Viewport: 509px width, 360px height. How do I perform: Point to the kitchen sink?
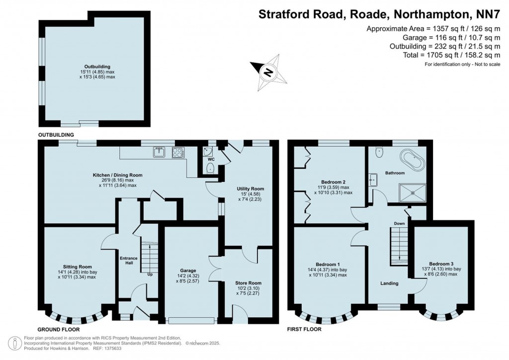pos(159,153)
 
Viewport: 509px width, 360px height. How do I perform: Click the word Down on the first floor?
pos(399,224)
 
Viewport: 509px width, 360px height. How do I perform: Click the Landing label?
pos(389,283)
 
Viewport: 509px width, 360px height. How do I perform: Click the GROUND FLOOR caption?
pos(59,329)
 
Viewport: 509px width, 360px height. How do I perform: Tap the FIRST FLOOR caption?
pos(304,329)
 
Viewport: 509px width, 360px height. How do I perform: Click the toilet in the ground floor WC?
pos(211,168)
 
